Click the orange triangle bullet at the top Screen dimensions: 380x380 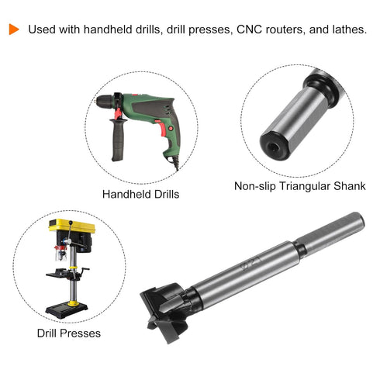click(x=13, y=29)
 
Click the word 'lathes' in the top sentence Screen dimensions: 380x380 click(x=347, y=29)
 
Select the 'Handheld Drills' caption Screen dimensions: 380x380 click(x=141, y=194)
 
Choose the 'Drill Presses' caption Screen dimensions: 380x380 click(x=69, y=333)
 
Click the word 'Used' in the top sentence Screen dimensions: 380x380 click(x=41, y=29)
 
